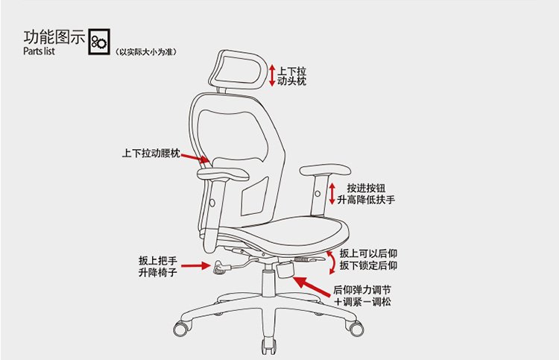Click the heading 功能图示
[x=54, y=37]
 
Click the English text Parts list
[x=39, y=51]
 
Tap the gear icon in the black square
[x=99, y=42]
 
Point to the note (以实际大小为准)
[x=146, y=52]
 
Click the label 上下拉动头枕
[x=291, y=76]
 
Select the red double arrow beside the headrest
[x=272, y=75]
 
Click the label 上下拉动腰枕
[x=151, y=154]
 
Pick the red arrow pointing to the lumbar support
[x=195, y=158]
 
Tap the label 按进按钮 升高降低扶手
[x=366, y=194]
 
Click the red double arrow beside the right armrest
[x=332, y=194]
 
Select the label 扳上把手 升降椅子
[x=157, y=266]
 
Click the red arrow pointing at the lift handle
[x=196, y=265]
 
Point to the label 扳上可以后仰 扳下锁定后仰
[x=368, y=259]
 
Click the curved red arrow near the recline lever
[x=334, y=262]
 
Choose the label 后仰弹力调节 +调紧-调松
[x=361, y=296]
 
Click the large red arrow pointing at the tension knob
[x=312, y=286]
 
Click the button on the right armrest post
[x=318, y=194]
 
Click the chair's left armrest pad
[x=223, y=174]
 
